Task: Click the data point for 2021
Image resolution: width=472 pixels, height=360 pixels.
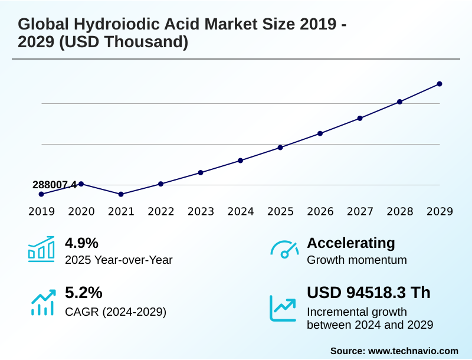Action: click(121, 194)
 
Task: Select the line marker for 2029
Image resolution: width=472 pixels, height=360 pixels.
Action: click(440, 84)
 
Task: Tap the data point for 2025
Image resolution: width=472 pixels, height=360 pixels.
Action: click(280, 148)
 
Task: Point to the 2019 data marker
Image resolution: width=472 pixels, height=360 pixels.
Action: click(41, 194)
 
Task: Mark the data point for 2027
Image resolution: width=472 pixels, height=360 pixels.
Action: click(360, 118)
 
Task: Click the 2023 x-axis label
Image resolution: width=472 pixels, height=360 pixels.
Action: click(201, 211)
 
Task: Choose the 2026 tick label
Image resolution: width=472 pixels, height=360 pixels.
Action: click(320, 211)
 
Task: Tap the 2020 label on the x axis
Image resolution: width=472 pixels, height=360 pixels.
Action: click(81, 211)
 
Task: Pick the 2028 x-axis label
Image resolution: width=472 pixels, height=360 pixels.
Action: click(400, 211)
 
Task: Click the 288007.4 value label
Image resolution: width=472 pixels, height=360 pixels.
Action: click(54, 185)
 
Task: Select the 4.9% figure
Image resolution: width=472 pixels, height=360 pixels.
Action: click(81, 243)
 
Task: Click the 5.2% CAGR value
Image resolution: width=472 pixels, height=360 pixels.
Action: click(83, 293)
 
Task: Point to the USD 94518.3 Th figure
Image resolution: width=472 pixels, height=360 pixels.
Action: click(369, 293)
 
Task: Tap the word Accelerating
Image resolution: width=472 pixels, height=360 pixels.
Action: click(351, 243)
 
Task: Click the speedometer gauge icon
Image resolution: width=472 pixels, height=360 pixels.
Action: click(284, 250)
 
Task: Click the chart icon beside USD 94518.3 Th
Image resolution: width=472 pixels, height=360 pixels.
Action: click(283, 307)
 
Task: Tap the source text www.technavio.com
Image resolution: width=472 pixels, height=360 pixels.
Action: click(413, 351)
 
